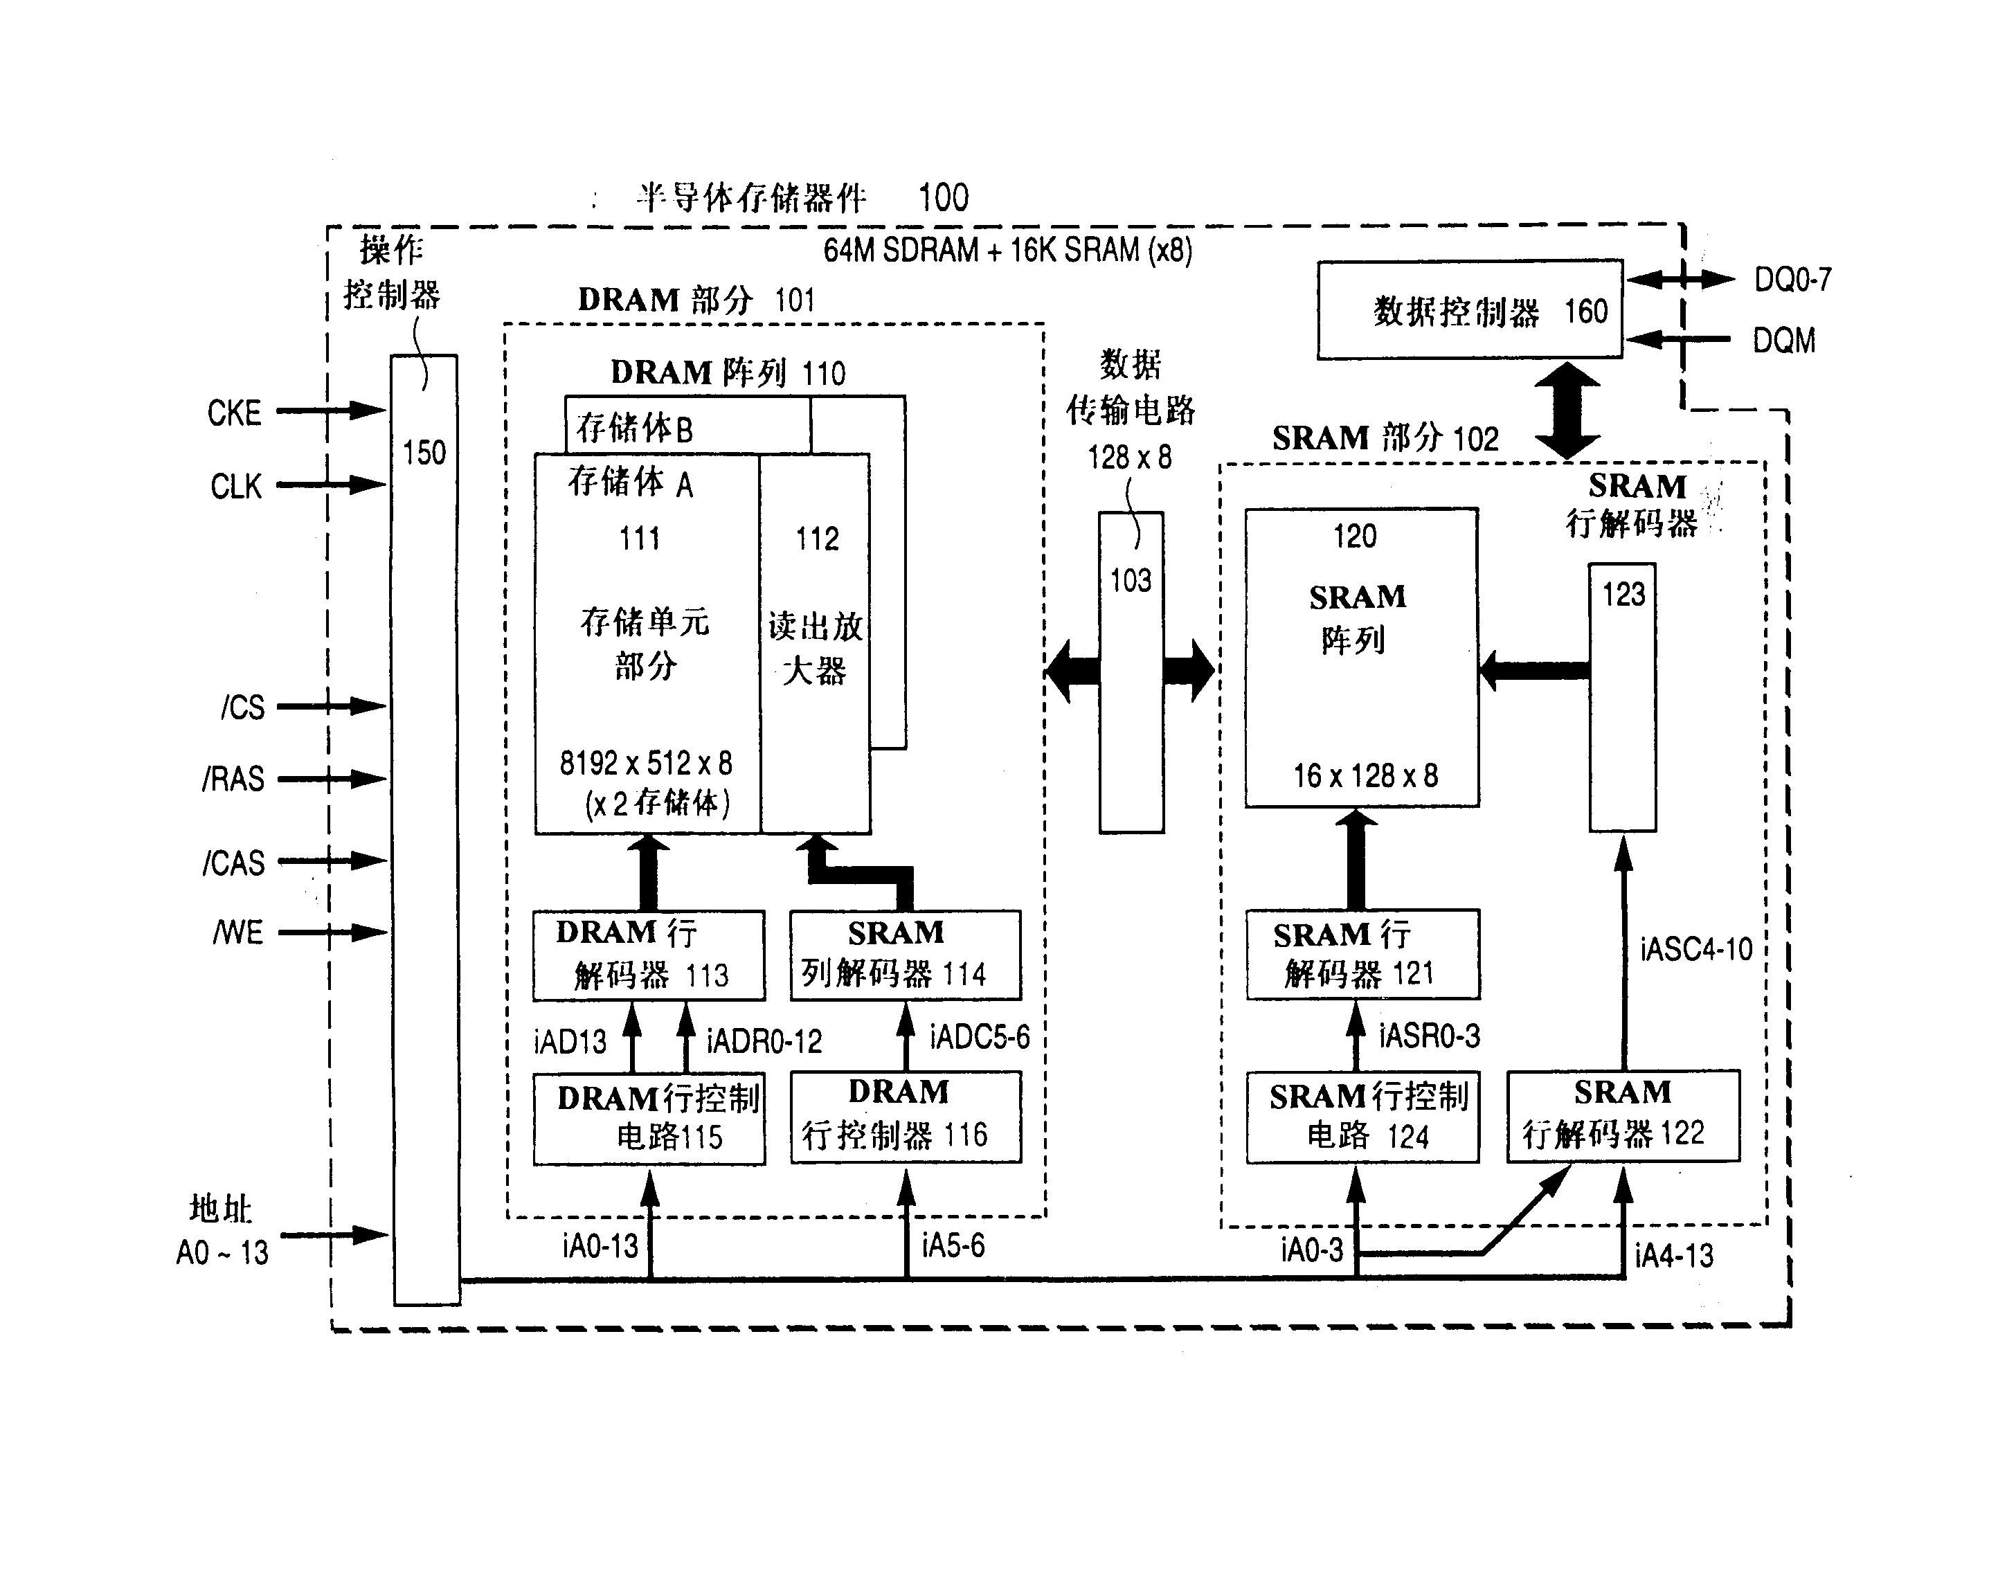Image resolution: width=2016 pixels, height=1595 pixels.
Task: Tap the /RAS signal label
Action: click(233, 779)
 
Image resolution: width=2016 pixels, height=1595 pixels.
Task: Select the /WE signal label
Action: click(238, 932)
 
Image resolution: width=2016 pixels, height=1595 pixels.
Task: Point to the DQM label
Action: click(1783, 341)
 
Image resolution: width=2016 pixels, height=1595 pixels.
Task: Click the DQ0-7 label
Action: click(1792, 279)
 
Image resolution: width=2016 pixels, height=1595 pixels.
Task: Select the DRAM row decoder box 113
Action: click(648, 955)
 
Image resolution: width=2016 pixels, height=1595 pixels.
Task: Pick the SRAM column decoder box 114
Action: click(905, 955)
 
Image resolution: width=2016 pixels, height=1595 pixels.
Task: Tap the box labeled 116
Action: click(905, 1117)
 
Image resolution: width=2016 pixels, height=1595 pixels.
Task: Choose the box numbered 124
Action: click(1362, 1117)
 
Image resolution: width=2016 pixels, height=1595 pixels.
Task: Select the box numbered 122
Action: click(1623, 1116)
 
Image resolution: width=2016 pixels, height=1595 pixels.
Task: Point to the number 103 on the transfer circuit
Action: click(1130, 581)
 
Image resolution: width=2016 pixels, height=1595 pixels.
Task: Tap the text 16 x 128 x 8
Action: click(1365, 776)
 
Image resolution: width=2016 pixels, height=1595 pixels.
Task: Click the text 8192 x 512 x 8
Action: click(645, 764)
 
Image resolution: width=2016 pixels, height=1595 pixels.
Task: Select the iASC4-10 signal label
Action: click(1695, 950)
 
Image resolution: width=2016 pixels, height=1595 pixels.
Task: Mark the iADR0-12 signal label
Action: click(764, 1041)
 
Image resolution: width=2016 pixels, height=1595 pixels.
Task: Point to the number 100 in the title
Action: click(943, 198)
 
